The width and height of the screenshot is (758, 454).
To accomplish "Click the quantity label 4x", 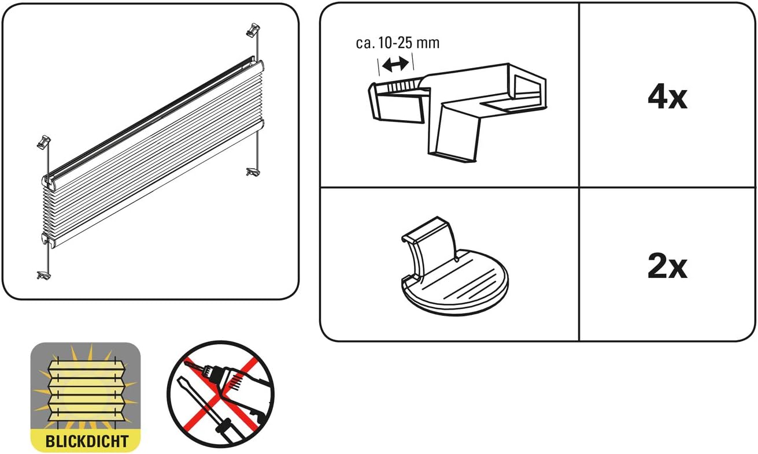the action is point(667,98).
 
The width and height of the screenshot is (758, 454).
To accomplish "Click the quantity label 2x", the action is point(667,267).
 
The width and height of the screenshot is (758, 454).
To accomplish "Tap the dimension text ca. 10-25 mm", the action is point(398,43).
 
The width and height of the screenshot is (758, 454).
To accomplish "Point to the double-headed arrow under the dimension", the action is point(395,64).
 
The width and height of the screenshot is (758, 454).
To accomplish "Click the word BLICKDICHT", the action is point(87,441).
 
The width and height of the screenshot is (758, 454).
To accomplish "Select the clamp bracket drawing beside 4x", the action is point(457,113).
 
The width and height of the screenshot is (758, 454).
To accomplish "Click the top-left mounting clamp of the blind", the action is point(43,142).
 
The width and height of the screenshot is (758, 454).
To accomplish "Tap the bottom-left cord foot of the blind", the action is point(43,275).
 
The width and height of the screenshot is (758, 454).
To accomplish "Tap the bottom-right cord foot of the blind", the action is point(253,172).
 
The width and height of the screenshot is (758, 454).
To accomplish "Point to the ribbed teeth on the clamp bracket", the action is point(402,85).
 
